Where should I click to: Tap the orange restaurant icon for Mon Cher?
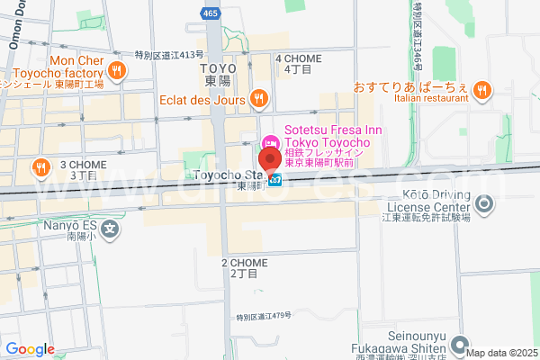coord(115,69)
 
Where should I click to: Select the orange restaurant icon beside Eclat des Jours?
coord(258,98)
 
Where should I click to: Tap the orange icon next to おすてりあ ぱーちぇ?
coord(482,88)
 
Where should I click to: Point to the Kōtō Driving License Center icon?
coord(485,205)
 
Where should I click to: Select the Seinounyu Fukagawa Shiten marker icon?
coord(460,345)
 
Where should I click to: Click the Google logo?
coord(30,349)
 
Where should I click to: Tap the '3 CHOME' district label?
coord(82,165)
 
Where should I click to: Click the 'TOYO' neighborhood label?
coord(218,68)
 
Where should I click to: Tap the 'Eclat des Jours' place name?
coord(202,99)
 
